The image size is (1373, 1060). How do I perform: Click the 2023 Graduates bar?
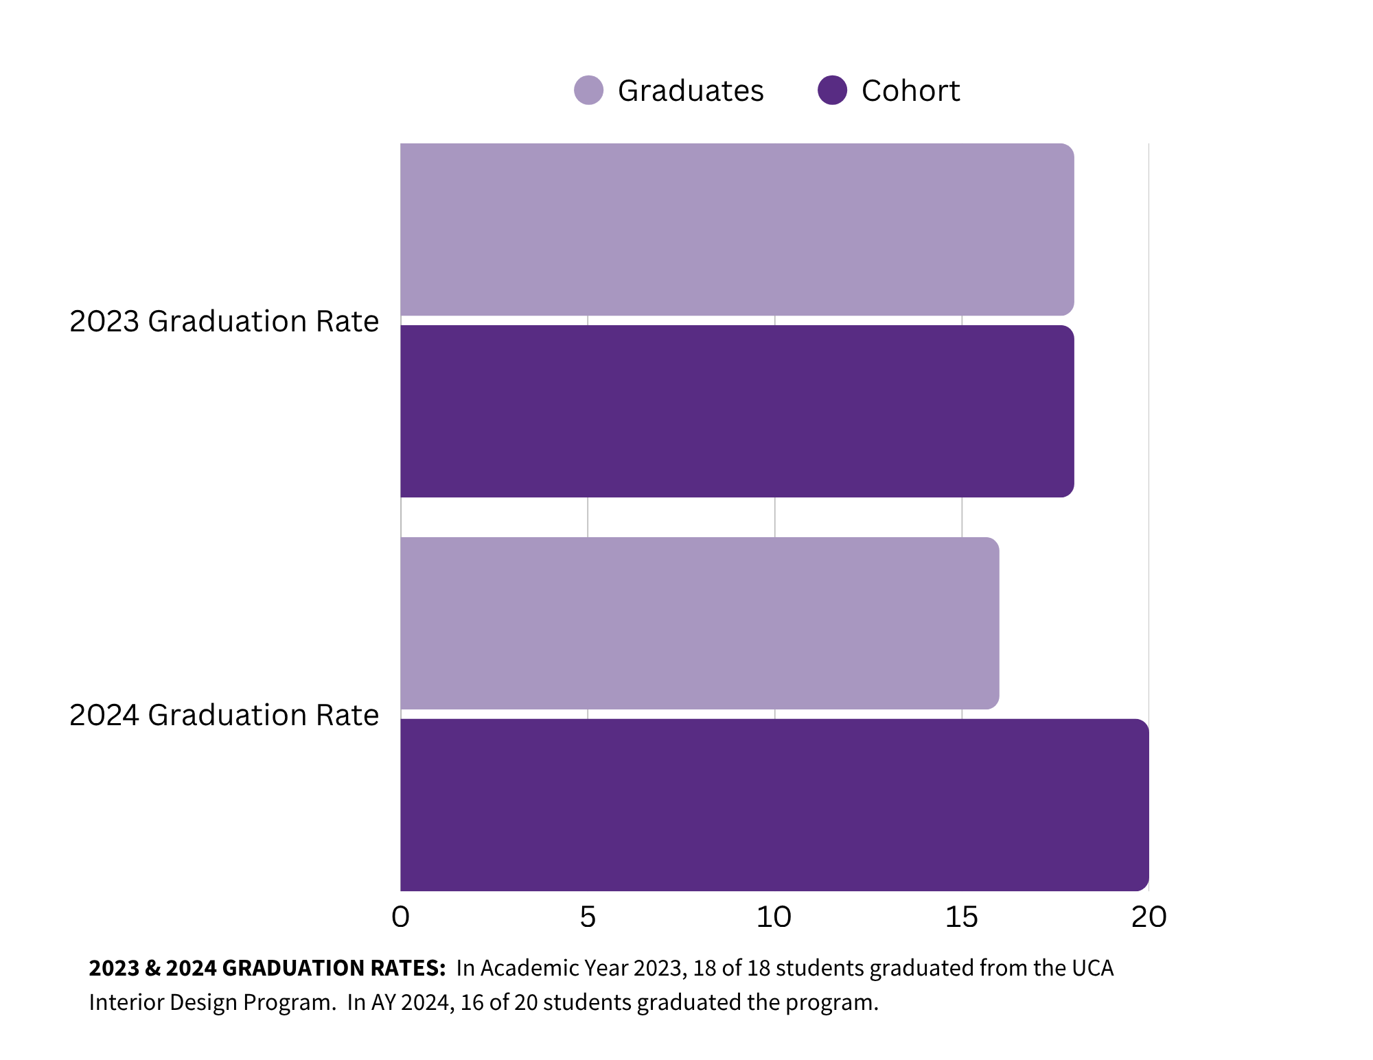737,229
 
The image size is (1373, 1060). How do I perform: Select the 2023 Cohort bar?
737,411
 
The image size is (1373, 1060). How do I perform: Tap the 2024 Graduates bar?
699,623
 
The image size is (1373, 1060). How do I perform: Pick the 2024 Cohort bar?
774,805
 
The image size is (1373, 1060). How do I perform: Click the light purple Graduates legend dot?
588,90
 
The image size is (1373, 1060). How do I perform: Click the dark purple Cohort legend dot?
832,90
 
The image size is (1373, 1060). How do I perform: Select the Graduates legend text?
690,91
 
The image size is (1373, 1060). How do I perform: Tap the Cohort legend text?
910,91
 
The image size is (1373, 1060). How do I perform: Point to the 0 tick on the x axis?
400,917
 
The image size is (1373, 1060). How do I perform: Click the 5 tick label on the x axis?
588,917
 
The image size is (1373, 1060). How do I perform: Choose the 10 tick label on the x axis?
774,917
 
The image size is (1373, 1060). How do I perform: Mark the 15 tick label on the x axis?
961,917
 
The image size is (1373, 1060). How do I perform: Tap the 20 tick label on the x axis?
1149,917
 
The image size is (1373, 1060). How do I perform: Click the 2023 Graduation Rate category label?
224,321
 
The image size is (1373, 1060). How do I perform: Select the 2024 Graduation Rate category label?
224,715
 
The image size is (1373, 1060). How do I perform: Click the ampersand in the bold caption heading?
152,968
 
